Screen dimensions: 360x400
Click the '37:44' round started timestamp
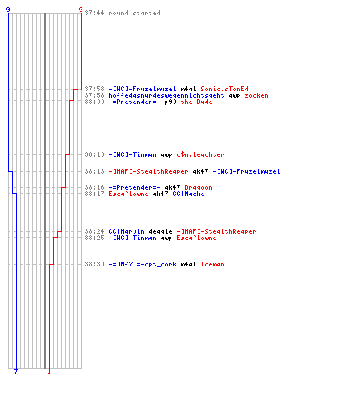point(94,13)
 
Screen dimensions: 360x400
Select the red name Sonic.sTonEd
point(224,89)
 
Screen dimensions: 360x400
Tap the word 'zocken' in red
point(256,95)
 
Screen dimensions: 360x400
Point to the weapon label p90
point(170,102)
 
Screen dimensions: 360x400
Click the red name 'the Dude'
point(196,102)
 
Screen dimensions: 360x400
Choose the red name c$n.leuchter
point(200,154)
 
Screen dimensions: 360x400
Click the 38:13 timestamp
point(94,171)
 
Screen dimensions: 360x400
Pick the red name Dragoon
point(198,187)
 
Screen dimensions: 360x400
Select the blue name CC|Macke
point(188,194)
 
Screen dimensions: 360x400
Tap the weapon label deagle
point(160,231)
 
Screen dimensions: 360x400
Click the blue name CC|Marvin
point(126,231)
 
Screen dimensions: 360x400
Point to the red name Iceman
point(213,264)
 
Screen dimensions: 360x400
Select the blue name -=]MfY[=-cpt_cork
point(142,264)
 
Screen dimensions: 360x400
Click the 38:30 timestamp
point(94,264)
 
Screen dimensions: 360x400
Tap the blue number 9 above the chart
point(8,10)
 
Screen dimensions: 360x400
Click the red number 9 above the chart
point(81,10)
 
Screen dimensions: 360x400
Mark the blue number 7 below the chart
point(16,371)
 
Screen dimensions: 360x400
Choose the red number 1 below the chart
point(49,371)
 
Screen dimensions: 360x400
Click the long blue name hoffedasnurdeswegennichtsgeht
point(166,95)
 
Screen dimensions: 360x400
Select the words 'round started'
point(134,13)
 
